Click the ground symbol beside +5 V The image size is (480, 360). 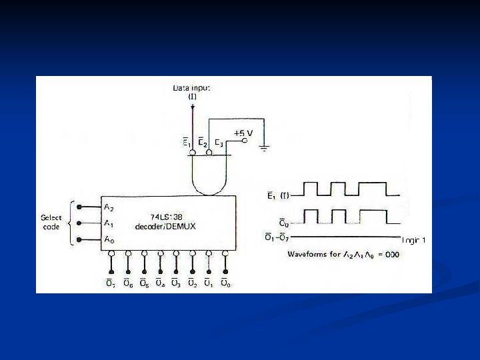pos(264,147)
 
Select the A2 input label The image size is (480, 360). pos(108,207)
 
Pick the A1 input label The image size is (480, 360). pos(108,223)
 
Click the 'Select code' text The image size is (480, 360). pos(51,223)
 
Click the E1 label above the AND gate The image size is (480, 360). pos(189,142)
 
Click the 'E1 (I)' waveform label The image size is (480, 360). pos(275,195)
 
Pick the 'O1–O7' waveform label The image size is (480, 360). pos(275,237)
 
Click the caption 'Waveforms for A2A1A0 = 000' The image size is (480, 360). pos(343,255)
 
